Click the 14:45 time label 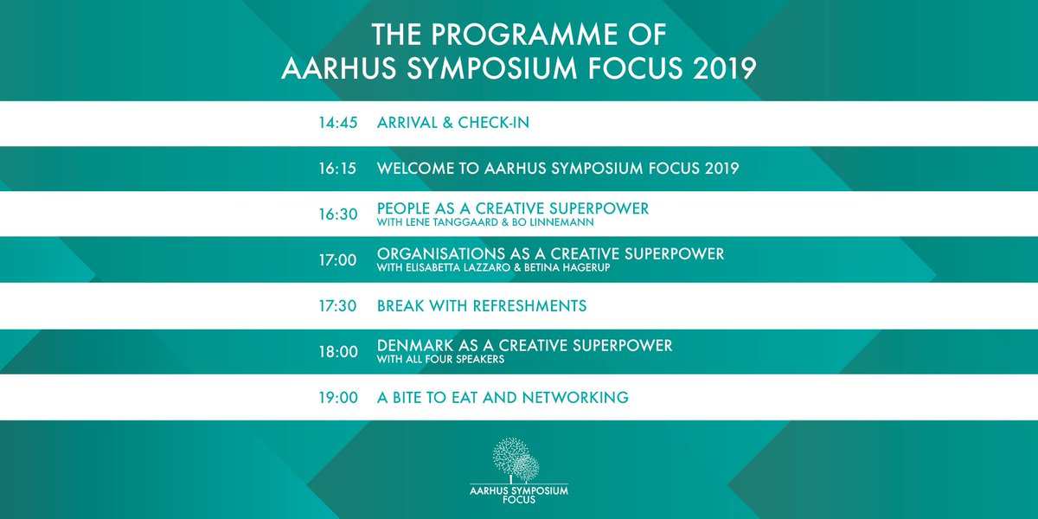[337, 123]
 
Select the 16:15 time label [337, 169]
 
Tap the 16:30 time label [337, 215]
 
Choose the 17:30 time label [337, 306]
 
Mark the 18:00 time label [337, 352]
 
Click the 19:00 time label [337, 398]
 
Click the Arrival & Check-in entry [453, 123]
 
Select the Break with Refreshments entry [482, 306]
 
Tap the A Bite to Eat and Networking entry [503, 398]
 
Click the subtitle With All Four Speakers [440, 359]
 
